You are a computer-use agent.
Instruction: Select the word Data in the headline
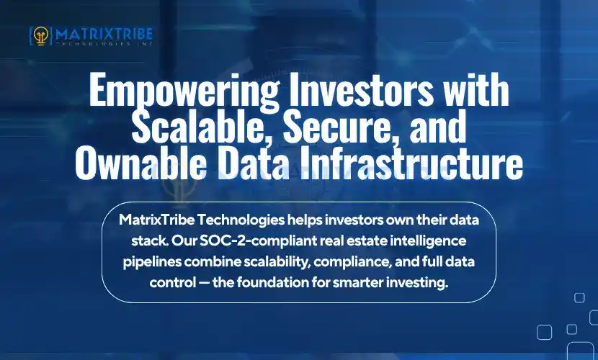click(256, 166)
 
